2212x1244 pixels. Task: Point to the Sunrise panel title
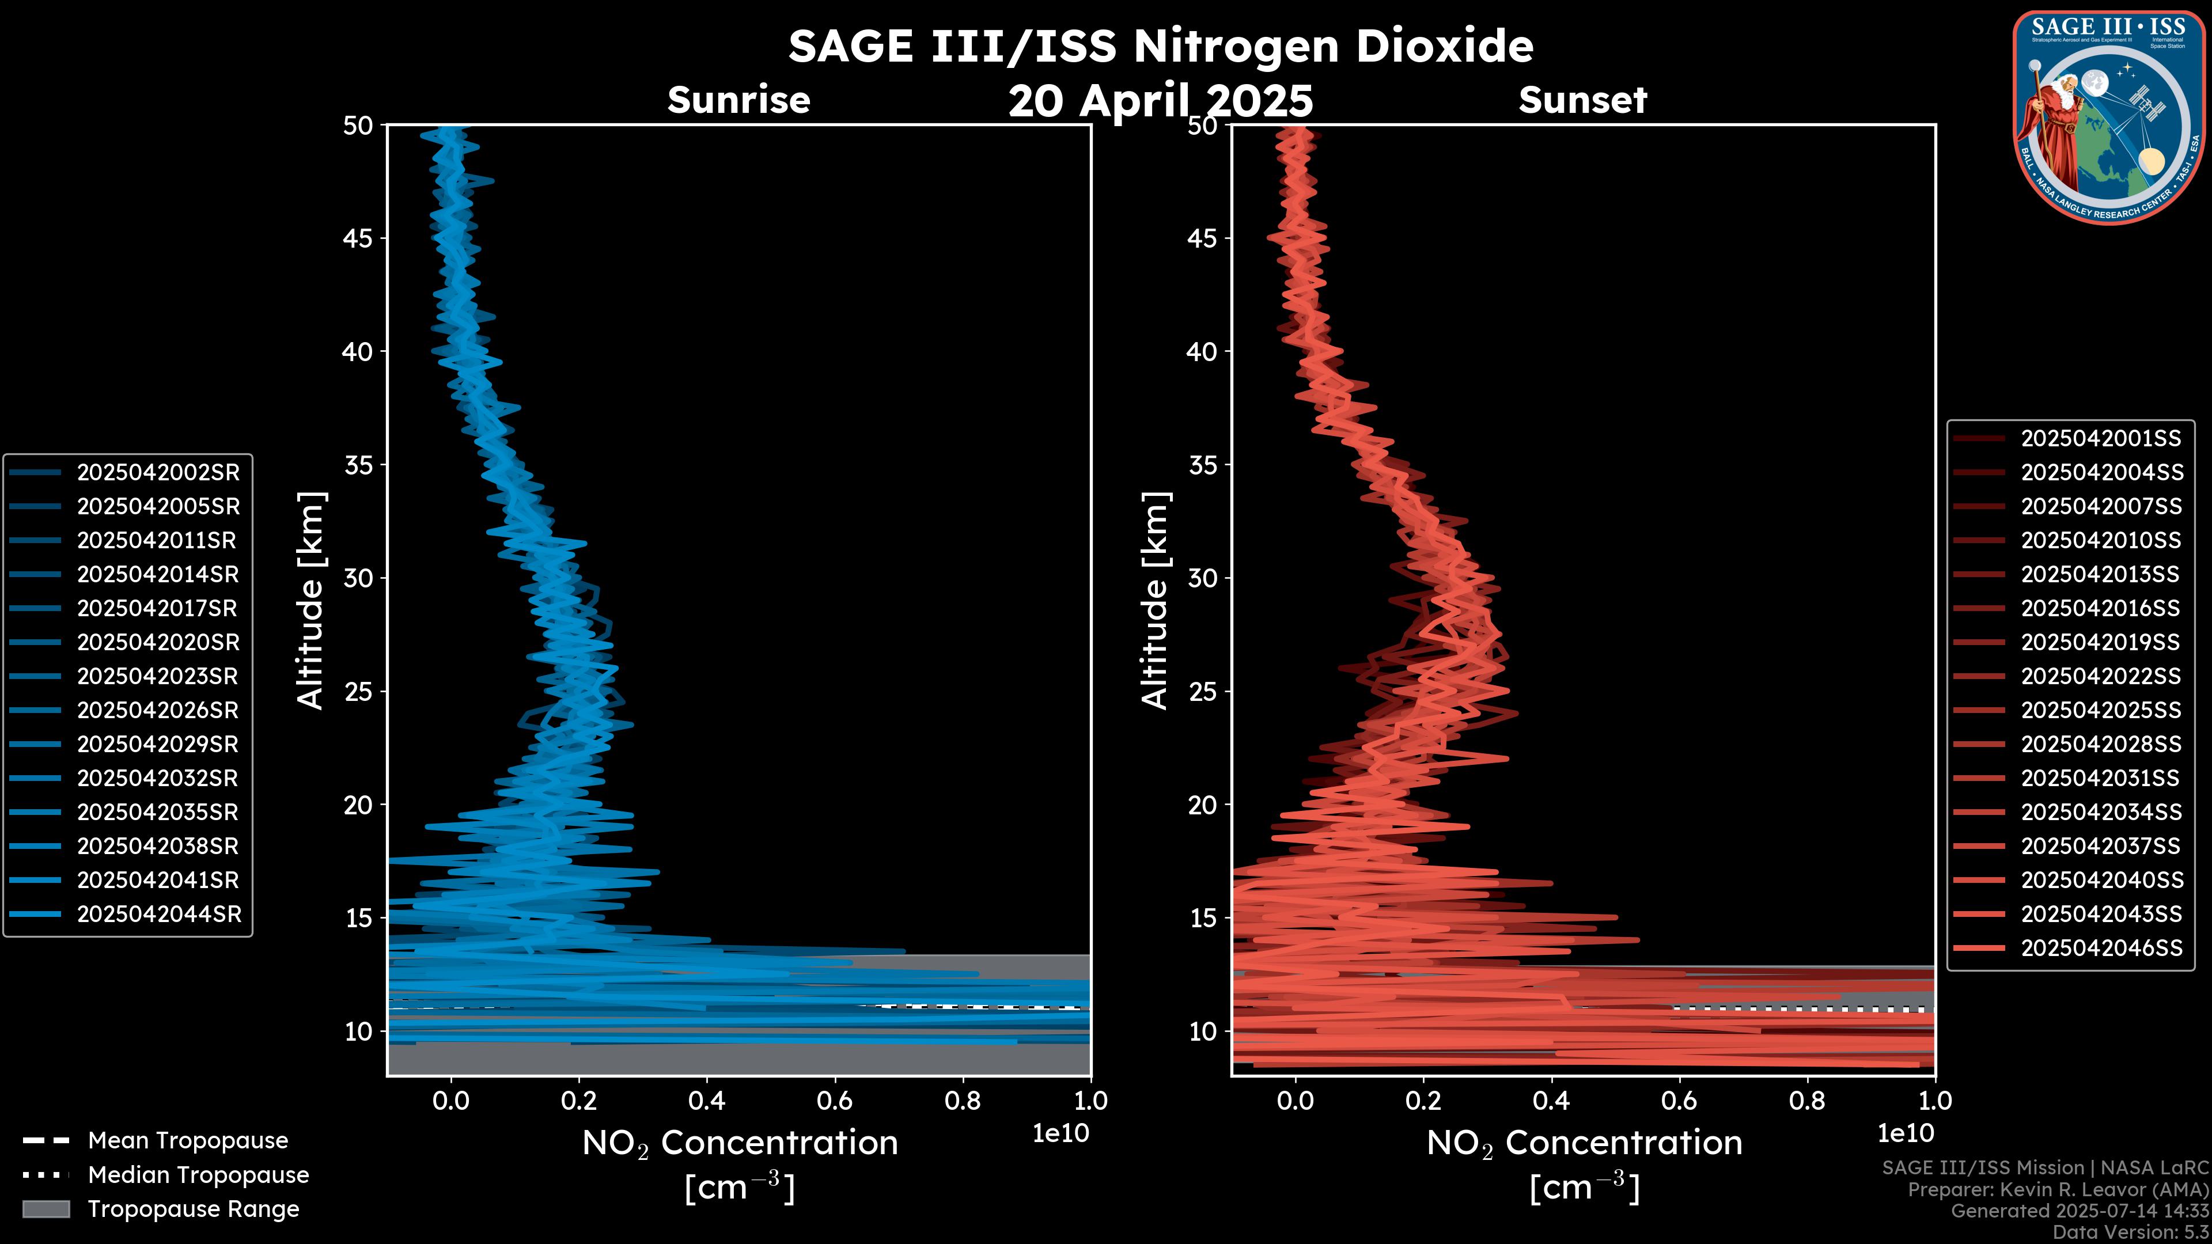pyautogui.click(x=738, y=100)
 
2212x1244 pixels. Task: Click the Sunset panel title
pyautogui.click(x=1582, y=100)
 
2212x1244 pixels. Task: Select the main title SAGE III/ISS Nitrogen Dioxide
pyautogui.click(x=1160, y=45)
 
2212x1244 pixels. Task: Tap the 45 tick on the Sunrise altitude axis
pyautogui.click(x=358, y=238)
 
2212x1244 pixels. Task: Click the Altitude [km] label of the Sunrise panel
pyautogui.click(x=311, y=600)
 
